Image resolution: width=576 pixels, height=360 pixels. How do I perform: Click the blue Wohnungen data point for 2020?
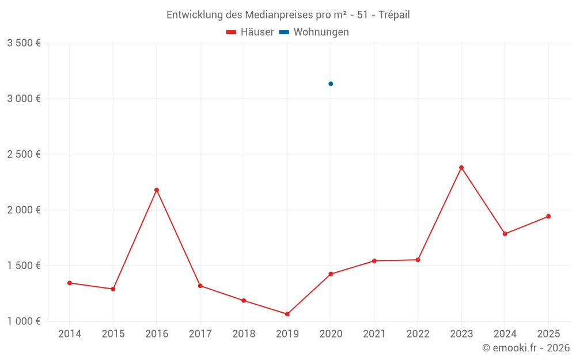(x=331, y=84)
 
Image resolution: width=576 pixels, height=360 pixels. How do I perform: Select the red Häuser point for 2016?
(x=157, y=190)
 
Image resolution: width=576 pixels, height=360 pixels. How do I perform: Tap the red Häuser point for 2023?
(x=461, y=168)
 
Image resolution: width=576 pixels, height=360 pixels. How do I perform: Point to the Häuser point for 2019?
(x=287, y=314)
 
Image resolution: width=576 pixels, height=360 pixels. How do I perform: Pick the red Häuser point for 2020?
(x=331, y=274)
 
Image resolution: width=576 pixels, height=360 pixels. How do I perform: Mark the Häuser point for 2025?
(x=548, y=217)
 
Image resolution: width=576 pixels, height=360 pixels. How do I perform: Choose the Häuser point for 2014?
(x=70, y=283)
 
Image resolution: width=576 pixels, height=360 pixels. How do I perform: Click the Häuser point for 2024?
(x=505, y=234)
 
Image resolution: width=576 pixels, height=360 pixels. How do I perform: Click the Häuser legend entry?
(x=250, y=32)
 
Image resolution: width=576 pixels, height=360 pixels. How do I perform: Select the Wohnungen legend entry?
(x=314, y=32)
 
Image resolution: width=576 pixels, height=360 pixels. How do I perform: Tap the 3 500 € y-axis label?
(x=24, y=43)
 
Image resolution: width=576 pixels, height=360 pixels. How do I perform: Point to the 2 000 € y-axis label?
(x=24, y=210)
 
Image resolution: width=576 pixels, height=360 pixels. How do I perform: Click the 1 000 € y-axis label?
(x=24, y=321)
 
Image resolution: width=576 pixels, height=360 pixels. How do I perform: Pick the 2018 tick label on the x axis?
(x=244, y=334)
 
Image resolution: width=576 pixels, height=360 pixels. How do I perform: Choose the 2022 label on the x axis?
(x=418, y=334)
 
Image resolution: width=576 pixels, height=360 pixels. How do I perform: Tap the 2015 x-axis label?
(x=113, y=334)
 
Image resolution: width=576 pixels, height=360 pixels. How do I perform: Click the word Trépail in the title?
(x=394, y=15)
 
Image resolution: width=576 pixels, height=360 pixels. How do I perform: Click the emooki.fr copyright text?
(x=526, y=348)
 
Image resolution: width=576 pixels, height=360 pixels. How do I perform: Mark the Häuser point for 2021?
(x=374, y=261)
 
